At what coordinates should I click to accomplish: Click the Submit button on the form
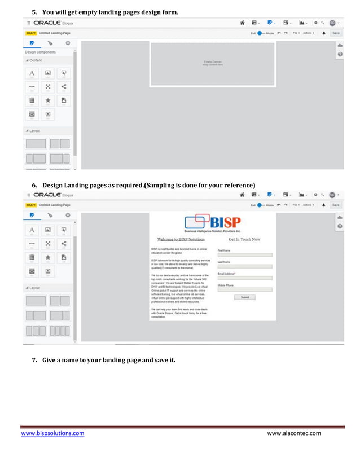pyautogui.click(x=244, y=297)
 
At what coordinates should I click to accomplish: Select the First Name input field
pyautogui.click(x=244, y=255)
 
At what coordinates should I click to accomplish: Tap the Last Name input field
pyautogui.click(x=244, y=266)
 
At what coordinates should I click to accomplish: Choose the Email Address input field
pyautogui.click(x=244, y=278)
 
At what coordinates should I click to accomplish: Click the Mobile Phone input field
pyautogui.click(x=244, y=289)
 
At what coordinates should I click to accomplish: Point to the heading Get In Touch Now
pyautogui.click(x=244, y=239)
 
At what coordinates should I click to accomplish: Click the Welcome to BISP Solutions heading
pyautogui.click(x=177, y=239)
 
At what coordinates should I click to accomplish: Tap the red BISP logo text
pyautogui.click(x=224, y=222)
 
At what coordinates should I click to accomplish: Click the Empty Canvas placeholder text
pyautogui.click(x=213, y=63)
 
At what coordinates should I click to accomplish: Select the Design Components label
pyautogui.click(x=40, y=52)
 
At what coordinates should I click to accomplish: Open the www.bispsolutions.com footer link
pyautogui.click(x=52, y=433)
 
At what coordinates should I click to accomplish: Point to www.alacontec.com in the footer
pyautogui.click(x=293, y=433)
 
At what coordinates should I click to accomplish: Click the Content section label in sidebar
pyautogui.click(x=35, y=60)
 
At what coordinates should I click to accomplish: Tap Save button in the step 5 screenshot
pyautogui.click(x=336, y=33)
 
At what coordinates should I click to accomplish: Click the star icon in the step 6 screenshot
pyautogui.click(x=48, y=257)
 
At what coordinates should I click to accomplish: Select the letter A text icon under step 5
pyautogui.click(x=32, y=73)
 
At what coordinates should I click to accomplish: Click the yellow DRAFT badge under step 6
pyautogui.click(x=30, y=205)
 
